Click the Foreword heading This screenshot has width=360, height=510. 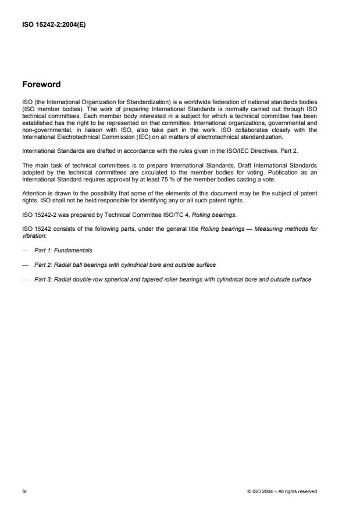click(x=41, y=84)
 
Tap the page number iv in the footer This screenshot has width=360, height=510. click(x=24, y=491)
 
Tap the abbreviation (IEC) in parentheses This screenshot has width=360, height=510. click(x=129, y=137)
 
